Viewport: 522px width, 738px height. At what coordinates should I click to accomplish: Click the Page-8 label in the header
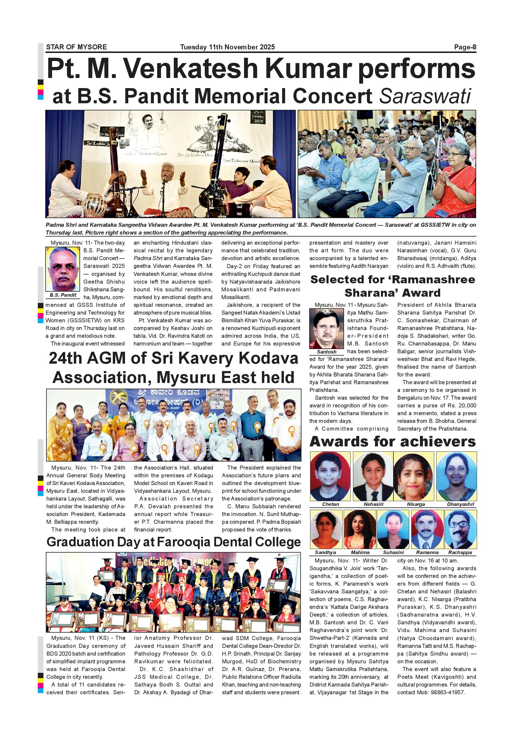[465, 47]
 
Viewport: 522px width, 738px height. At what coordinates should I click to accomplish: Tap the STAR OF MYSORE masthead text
[76, 47]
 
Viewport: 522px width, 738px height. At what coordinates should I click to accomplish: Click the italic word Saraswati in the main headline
[425, 96]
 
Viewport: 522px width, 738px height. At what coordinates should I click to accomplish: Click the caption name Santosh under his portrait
[326, 352]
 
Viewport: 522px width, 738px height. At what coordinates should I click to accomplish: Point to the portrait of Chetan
[330, 476]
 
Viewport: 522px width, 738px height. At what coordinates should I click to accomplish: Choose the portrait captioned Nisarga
[414, 476]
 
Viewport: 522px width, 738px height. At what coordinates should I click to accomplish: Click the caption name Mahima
[360, 552]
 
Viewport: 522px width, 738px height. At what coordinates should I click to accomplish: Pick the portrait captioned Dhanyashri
[457, 476]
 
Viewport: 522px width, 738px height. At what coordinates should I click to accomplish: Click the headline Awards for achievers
[393, 441]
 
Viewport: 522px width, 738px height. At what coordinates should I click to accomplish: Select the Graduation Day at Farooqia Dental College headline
[174, 542]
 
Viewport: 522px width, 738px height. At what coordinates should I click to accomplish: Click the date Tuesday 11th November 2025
[227, 47]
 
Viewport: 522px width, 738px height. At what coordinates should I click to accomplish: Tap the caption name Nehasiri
[373, 504]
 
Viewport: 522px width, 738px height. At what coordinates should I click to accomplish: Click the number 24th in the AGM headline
[67, 358]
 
